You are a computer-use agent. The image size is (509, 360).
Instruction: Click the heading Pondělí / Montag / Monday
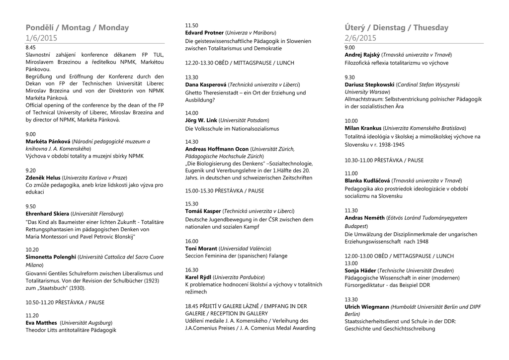click(77, 28)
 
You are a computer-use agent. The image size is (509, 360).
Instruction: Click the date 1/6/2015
click(41, 38)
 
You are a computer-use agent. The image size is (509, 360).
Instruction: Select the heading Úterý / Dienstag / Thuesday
click(396, 28)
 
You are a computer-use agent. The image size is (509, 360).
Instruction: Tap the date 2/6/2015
click(360, 38)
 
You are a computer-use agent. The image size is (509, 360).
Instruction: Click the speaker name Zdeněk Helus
click(43, 178)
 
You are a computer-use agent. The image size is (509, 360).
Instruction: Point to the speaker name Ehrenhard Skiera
click(47, 214)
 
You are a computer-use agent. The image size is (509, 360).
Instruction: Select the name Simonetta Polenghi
click(51, 257)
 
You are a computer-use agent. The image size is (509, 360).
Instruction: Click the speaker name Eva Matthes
click(41, 323)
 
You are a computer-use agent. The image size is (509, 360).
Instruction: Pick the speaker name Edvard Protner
click(204, 33)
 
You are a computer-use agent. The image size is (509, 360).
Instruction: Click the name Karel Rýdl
click(198, 277)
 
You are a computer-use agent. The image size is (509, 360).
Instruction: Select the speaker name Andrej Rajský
click(362, 55)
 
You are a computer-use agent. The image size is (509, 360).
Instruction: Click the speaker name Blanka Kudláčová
click(367, 180)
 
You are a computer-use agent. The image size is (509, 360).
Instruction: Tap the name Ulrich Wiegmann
click(366, 307)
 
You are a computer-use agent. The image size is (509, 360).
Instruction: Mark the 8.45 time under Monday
click(30, 47)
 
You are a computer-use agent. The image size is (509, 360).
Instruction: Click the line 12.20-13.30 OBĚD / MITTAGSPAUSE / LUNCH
click(240, 63)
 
